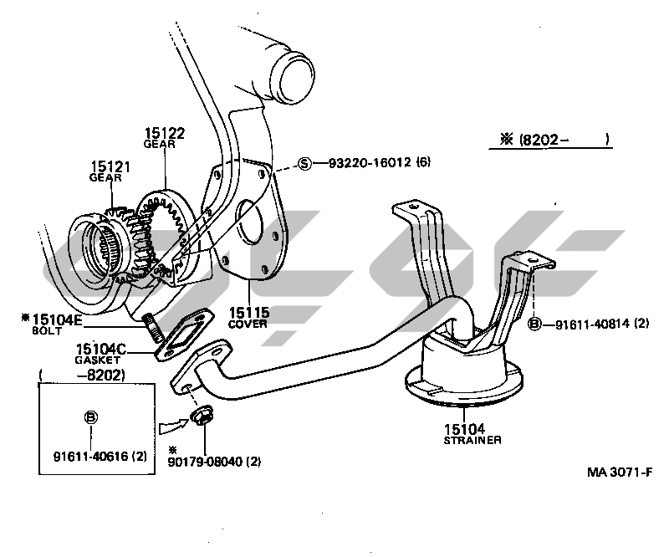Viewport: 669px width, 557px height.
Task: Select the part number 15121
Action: coord(106,166)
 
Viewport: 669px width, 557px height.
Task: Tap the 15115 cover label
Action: coord(248,313)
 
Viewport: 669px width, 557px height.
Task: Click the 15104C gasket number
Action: coord(100,349)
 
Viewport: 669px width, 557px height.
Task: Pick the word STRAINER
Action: coord(473,440)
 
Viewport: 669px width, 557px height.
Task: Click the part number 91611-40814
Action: coord(593,323)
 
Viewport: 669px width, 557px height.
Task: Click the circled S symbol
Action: coord(305,163)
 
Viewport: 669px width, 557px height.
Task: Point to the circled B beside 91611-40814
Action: coord(535,323)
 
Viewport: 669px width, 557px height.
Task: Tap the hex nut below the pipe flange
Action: coord(201,416)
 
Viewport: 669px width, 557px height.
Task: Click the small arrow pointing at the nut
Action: coord(169,426)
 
